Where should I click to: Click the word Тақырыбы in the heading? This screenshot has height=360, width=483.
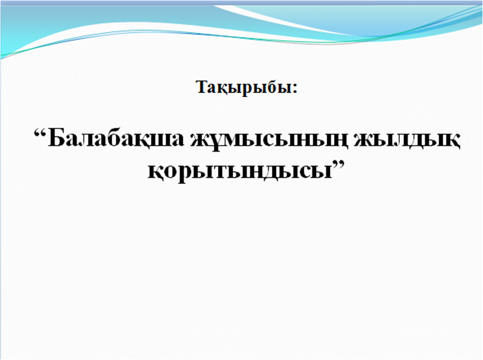(244, 88)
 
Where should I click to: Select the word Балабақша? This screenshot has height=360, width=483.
(116, 139)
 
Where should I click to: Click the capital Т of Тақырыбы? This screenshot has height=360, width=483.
(203, 87)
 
